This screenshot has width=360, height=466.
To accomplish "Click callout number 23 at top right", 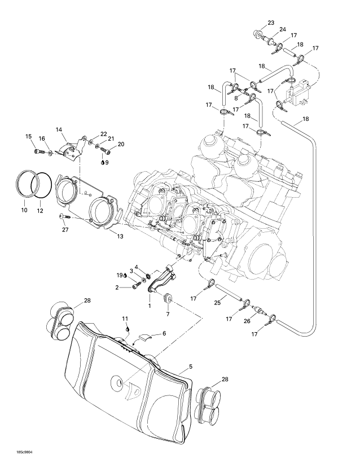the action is click(x=271, y=23).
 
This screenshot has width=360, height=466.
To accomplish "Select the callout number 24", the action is click(x=282, y=29).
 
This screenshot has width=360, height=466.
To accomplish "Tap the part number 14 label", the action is click(x=59, y=129).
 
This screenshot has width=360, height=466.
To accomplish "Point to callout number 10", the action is click(x=24, y=210).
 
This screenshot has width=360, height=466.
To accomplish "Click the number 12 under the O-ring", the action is click(x=39, y=211).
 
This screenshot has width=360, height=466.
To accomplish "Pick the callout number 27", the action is click(x=65, y=229).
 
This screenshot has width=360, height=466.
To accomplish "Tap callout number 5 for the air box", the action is click(x=191, y=367).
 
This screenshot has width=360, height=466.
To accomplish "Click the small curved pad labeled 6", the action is click(x=145, y=338).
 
